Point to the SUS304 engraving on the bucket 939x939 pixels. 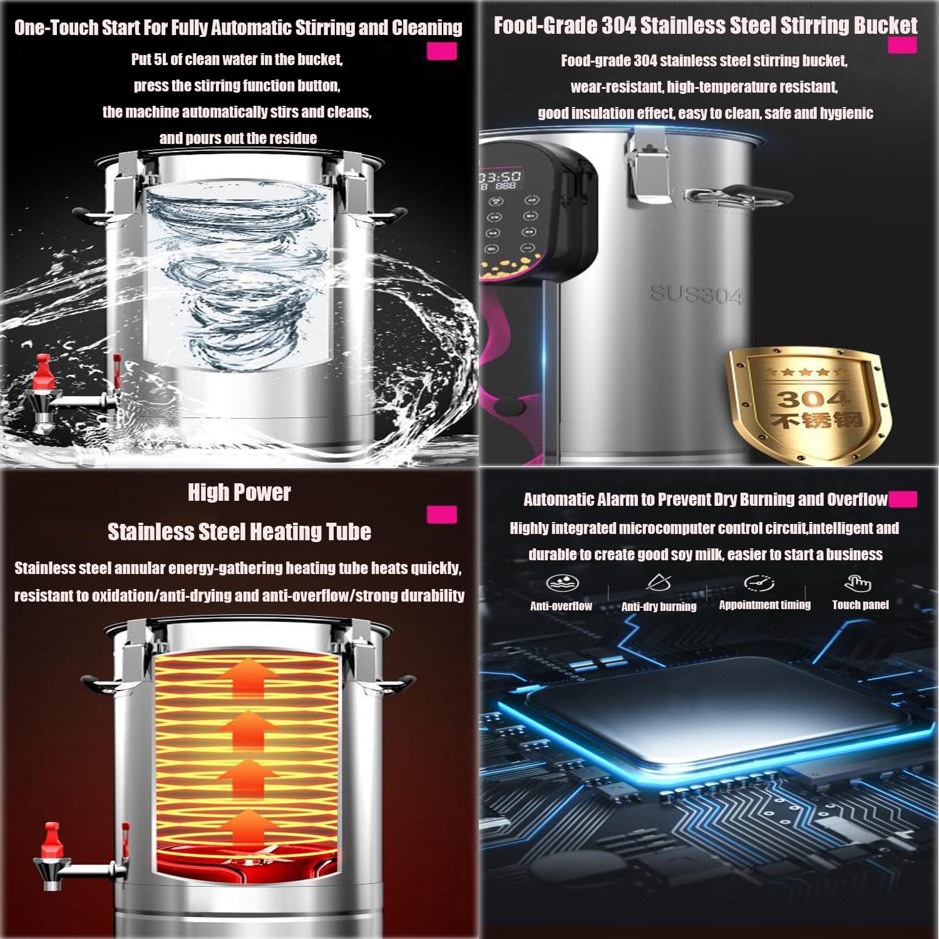[x=695, y=293]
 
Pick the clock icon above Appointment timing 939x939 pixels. [x=759, y=583]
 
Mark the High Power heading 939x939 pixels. [x=239, y=493]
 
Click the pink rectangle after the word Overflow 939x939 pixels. [x=903, y=499]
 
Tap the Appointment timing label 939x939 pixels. [x=764, y=605]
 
